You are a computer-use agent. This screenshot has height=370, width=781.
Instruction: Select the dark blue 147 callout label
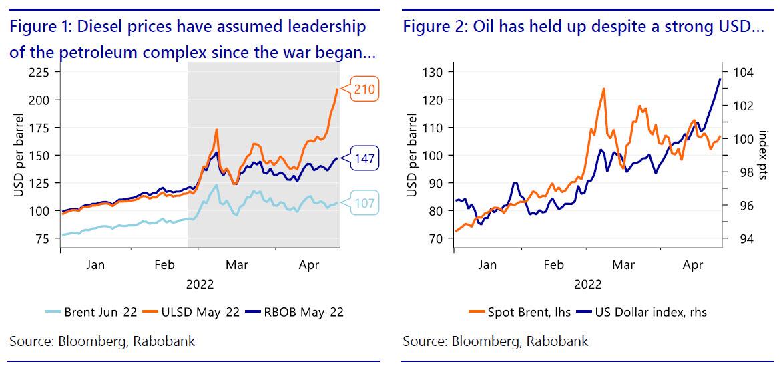pos(364,159)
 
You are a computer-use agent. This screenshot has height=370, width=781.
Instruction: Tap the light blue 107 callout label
pos(365,203)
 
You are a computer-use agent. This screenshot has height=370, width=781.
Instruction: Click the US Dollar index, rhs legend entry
pos(640,311)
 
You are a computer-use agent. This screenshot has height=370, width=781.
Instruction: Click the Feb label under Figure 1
pos(165,264)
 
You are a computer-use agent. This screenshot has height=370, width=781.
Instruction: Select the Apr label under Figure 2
pos(693,264)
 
